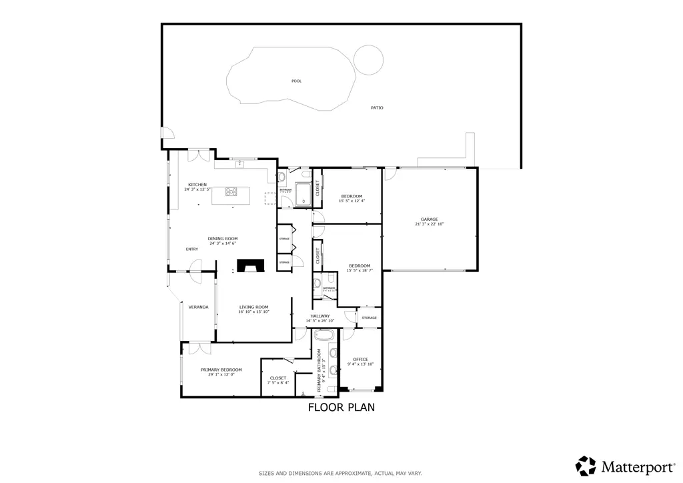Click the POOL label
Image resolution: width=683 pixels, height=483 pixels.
[296, 81]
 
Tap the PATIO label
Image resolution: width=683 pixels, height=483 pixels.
[377, 107]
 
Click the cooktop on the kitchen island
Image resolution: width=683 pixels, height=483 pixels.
[231, 193]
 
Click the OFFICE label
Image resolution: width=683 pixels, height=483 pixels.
[361, 359]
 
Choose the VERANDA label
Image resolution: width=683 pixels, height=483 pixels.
[198, 307]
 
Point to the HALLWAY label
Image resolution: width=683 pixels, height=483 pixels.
[320, 316]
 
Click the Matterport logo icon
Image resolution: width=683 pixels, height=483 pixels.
[586, 465]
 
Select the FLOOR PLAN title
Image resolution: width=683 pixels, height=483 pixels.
[341, 407]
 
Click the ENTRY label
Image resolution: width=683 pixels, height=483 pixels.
[192, 250]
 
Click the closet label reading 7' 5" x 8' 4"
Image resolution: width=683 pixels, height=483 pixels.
[278, 383]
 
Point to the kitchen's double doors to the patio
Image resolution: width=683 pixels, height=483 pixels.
[199, 155]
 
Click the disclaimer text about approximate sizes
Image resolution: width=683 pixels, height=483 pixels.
[340, 474]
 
